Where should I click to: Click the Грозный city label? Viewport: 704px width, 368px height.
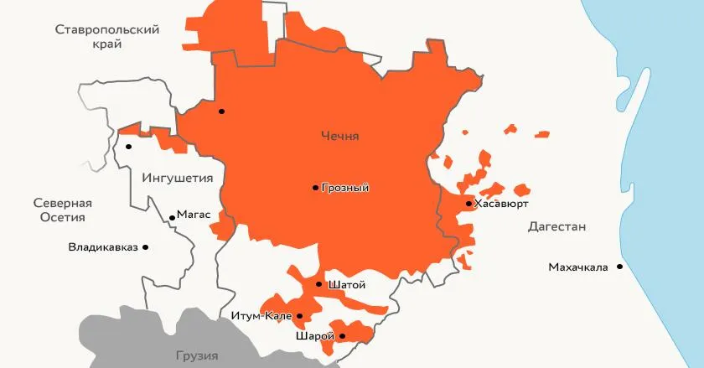[345, 188]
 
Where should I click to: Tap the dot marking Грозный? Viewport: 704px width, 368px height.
[315, 188]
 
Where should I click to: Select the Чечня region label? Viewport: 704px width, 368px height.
[339, 136]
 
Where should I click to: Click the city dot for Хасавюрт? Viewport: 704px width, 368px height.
[468, 204]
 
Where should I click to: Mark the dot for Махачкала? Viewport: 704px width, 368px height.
[619, 267]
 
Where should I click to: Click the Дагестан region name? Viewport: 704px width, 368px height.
[556, 227]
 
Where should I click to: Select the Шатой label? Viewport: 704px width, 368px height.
[347, 285]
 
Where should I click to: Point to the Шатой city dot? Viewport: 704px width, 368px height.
[318, 285]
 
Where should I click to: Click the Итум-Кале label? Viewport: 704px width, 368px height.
[261, 316]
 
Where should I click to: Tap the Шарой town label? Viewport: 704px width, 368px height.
[315, 336]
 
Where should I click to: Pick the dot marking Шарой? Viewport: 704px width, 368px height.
[342, 336]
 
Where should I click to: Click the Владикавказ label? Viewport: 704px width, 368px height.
[103, 247]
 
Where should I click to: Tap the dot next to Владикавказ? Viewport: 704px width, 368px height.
[146, 247]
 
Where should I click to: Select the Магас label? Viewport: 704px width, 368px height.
[194, 215]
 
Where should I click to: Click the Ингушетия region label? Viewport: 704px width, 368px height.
[178, 178]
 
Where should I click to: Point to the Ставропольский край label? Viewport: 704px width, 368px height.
[107, 38]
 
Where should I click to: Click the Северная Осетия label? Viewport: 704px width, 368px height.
[62, 210]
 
